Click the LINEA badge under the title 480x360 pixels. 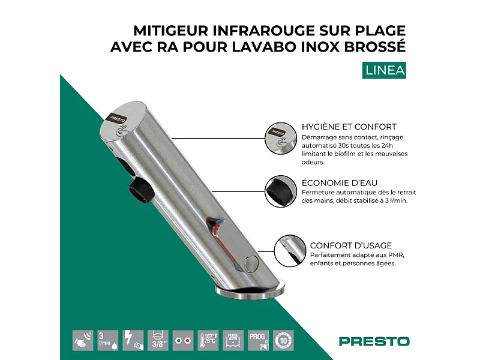tap(385, 70)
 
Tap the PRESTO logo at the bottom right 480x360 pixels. tap(374, 341)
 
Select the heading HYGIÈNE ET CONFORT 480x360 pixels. tap(349, 127)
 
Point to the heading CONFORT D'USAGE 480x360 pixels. tap(351, 245)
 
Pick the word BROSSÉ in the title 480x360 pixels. tap(376, 47)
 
